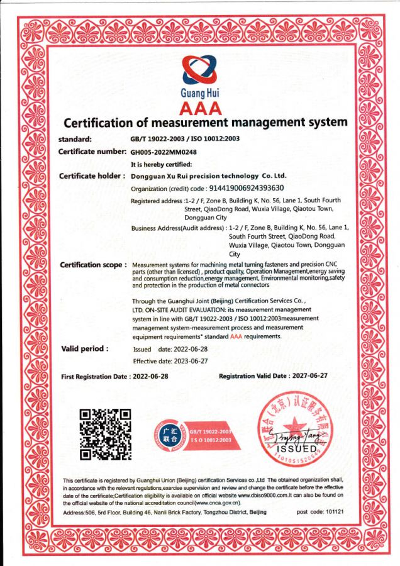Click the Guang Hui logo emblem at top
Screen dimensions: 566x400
(199, 70)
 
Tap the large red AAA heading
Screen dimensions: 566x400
(200, 108)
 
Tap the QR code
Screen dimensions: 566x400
(105, 433)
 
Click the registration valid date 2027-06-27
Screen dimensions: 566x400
(309, 375)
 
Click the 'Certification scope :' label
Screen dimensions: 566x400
(93, 265)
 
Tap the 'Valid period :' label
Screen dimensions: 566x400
(84, 348)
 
